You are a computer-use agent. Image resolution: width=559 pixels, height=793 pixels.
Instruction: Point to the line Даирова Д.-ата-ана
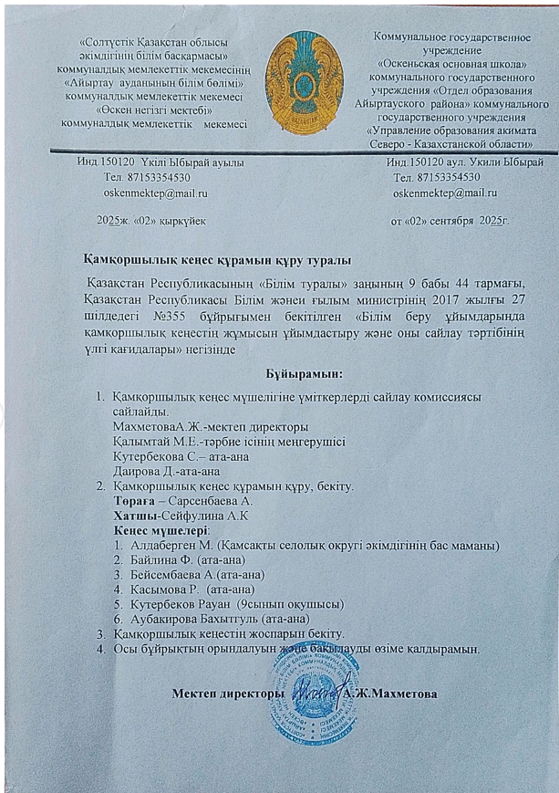coord(165,471)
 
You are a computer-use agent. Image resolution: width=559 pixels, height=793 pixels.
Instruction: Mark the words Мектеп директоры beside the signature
coord(223,694)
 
